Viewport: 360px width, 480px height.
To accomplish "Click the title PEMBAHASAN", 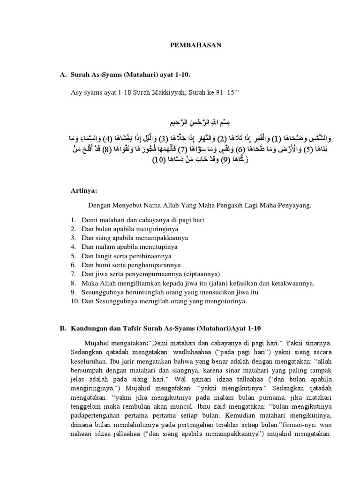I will pyautogui.click(x=195, y=45).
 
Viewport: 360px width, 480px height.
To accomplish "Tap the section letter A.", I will pyautogui.click(x=62, y=75).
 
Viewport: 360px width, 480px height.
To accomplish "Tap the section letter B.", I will pyautogui.click(x=62, y=329).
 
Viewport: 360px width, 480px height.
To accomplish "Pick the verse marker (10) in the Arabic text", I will pyautogui.click(x=163, y=160).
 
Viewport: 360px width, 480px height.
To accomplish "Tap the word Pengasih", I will pyautogui.click(x=234, y=205).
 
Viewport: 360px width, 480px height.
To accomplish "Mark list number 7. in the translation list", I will pyautogui.click(x=74, y=274).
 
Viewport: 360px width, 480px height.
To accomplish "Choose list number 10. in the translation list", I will pyautogui.click(x=75, y=301).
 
